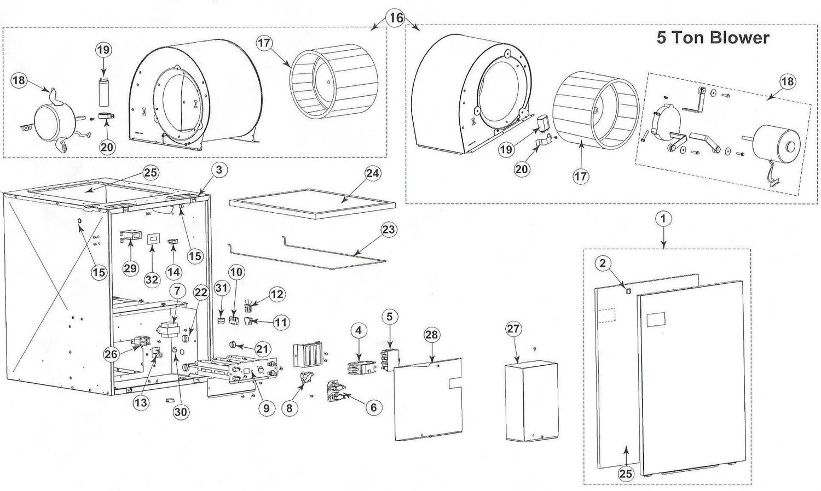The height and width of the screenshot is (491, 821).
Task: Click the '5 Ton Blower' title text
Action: (x=713, y=38)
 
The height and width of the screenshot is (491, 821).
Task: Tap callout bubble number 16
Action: (x=396, y=18)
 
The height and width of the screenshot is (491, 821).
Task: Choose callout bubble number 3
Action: (x=218, y=170)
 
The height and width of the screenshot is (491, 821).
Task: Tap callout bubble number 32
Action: (x=152, y=279)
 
